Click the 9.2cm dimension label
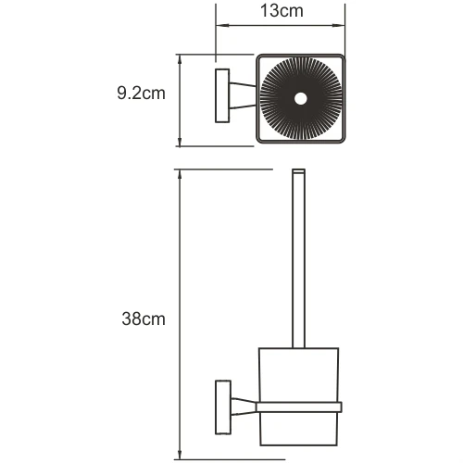[x=142, y=94]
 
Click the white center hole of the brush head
[x=300, y=98]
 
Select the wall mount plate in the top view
[x=221, y=95]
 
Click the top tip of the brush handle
[x=299, y=173]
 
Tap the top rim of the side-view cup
[x=300, y=349]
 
